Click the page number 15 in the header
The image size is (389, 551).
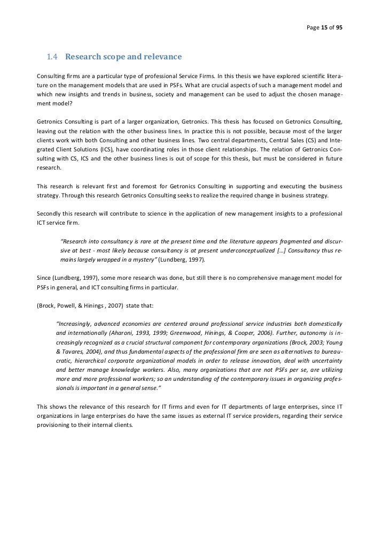click(x=324, y=27)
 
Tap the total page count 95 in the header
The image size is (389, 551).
click(x=339, y=27)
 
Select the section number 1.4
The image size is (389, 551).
click(x=52, y=57)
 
